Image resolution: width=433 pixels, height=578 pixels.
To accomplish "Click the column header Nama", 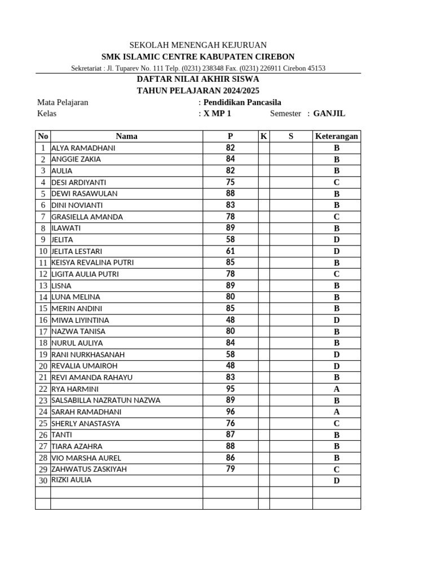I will [126, 136].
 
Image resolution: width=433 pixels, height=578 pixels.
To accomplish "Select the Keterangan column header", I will [337, 136].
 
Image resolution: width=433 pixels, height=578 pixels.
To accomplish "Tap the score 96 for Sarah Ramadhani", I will [230, 411].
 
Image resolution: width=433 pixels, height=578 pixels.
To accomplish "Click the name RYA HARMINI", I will [75, 389].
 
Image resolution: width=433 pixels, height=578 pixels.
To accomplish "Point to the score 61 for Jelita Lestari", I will [230, 251].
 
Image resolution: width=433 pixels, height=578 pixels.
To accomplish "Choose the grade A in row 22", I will [337, 389].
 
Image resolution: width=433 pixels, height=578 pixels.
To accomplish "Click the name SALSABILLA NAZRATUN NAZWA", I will [105, 400].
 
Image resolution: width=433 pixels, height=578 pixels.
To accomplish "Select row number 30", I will [43, 481].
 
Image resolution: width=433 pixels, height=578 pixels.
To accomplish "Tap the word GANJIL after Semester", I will [329, 113].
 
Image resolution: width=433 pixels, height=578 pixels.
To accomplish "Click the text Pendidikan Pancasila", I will [242, 102].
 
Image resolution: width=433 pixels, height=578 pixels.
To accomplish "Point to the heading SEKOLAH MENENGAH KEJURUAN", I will [198, 45].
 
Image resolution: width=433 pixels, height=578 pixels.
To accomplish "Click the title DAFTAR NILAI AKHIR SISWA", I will [198, 79].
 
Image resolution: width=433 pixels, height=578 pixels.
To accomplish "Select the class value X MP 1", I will [218, 113].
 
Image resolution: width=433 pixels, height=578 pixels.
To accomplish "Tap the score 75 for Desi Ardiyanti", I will [230, 182].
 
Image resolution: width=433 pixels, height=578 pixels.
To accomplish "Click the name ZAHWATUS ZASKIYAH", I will [89, 469].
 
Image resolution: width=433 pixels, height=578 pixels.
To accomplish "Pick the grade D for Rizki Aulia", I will [337, 481].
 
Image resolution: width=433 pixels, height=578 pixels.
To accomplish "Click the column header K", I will [263, 136].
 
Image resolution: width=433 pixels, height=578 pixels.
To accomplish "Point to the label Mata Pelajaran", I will [63, 102].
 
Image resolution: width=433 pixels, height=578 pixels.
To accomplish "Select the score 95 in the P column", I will [230, 388].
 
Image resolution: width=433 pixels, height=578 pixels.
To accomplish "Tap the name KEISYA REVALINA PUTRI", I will [92, 262].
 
